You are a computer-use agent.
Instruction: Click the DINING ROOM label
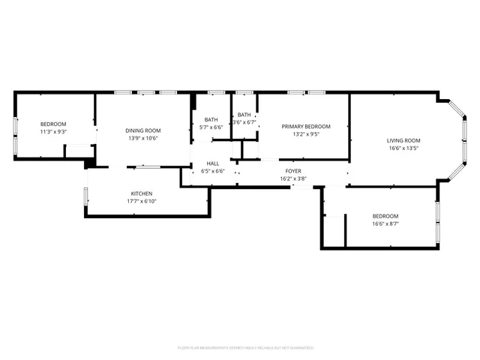(x=142, y=130)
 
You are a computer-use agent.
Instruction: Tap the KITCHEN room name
(x=142, y=193)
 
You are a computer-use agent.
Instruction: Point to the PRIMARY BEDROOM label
(x=305, y=127)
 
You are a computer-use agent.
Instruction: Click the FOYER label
(x=293, y=171)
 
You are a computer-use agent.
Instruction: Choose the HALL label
(x=213, y=163)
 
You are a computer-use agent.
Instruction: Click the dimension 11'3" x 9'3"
(x=53, y=132)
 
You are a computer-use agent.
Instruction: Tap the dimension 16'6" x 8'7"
(x=385, y=223)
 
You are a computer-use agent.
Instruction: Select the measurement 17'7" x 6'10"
(x=142, y=201)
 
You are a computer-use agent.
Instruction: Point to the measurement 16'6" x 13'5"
(x=403, y=148)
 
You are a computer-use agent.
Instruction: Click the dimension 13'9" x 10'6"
(x=142, y=138)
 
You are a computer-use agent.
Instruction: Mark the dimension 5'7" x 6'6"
(x=211, y=127)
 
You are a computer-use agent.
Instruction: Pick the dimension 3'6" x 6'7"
(x=244, y=122)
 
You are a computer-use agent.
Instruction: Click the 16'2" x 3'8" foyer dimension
(x=293, y=178)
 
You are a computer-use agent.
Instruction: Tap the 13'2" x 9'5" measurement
(x=305, y=135)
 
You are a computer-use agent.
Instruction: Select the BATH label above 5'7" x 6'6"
(x=211, y=120)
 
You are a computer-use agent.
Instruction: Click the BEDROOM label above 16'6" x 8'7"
(x=385, y=216)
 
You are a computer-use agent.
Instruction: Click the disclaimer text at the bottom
(x=245, y=348)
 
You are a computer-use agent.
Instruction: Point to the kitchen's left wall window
(x=86, y=196)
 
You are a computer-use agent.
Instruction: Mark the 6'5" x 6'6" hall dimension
(x=213, y=171)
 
